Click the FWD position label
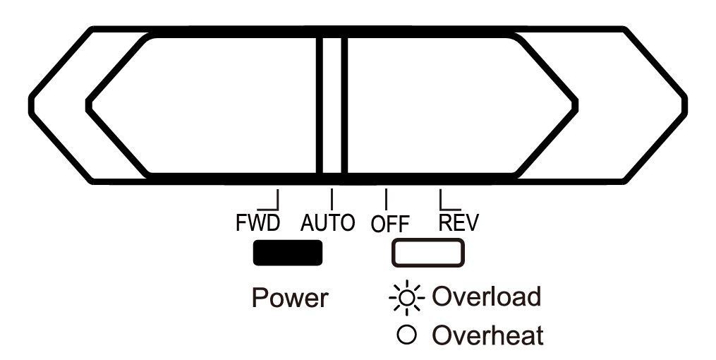[257, 223]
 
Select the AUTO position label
[327, 223]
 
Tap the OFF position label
[390, 224]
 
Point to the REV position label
[458, 223]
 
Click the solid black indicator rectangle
[287, 253]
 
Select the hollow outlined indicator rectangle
[428, 253]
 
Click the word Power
[289, 298]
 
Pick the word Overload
[486, 296]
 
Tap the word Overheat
[487, 335]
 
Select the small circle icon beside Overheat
[406, 335]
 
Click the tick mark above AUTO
[332, 197]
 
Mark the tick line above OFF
[386, 197]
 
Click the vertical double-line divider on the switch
[332, 104]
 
